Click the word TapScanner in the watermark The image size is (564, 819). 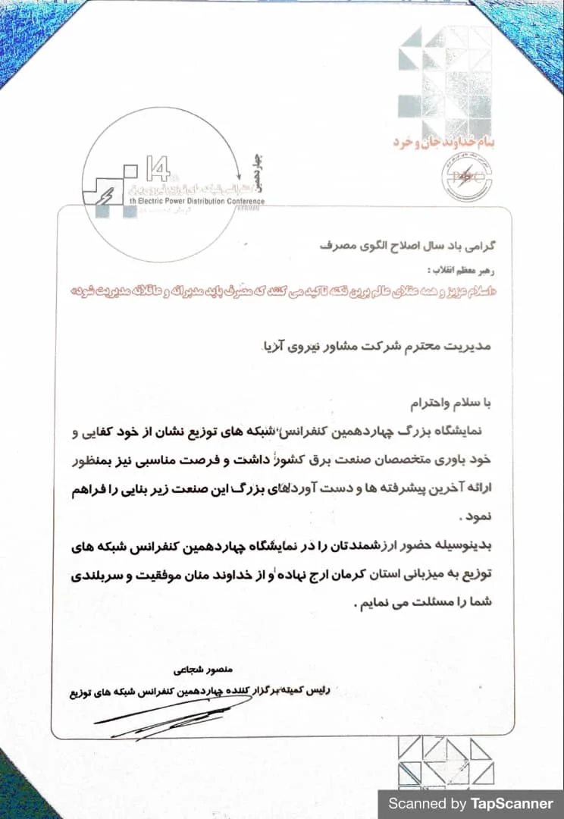pos(516,803)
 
